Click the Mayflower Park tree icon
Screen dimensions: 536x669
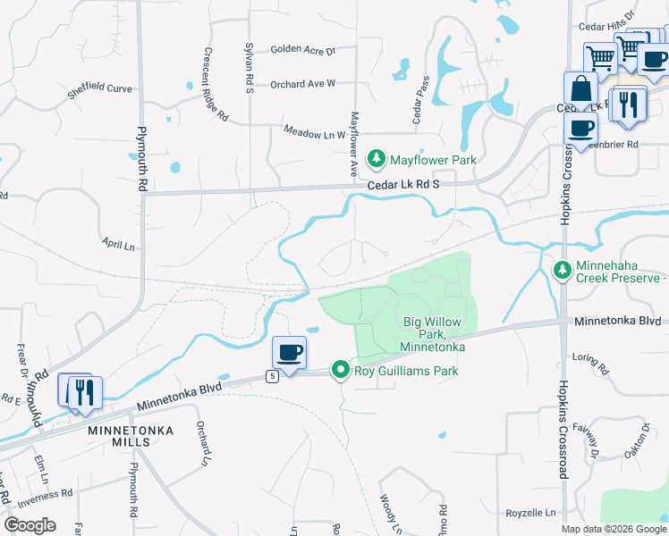click(377, 159)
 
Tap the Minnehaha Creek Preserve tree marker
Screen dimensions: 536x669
click(563, 269)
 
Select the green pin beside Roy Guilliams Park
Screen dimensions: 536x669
click(340, 369)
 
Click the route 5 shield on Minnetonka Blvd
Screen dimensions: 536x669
click(272, 376)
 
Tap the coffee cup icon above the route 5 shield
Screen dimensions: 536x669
click(289, 352)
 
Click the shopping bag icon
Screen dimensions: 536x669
click(580, 89)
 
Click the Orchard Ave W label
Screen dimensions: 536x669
click(302, 83)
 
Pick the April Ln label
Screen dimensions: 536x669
click(117, 244)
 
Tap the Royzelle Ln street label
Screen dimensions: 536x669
click(530, 514)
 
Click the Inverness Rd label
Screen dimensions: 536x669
click(42, 495)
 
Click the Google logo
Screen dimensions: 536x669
click(30, 525)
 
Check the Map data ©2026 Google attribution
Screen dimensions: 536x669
click(613, 529)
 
